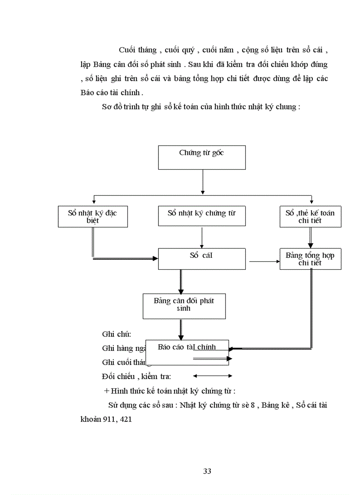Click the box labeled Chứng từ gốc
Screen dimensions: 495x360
tap(202, 157)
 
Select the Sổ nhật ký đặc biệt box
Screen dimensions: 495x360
tap(93, 216)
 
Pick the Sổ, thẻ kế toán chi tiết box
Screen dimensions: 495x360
tap(310, 216)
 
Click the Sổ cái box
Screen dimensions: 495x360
tap(202, 258)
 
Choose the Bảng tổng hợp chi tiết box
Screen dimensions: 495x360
tap(310, 259)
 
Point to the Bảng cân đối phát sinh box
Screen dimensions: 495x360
tap(184, 306)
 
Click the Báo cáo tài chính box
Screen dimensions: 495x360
tap(187, 352)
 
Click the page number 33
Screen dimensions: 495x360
tap(207, 471)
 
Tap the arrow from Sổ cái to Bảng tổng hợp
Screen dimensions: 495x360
tap(264, 262)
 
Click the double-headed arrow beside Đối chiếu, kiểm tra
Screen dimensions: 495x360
tap(213, 376)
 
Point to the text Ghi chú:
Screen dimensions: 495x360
tap(116, 334)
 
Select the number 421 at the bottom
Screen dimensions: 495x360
tap(125, 419)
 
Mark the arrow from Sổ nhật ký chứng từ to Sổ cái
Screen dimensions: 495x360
tap(202, 237)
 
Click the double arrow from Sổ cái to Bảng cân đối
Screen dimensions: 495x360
tap(181, 281)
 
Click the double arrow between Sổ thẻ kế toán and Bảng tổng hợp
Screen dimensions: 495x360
tap(311, 238)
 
